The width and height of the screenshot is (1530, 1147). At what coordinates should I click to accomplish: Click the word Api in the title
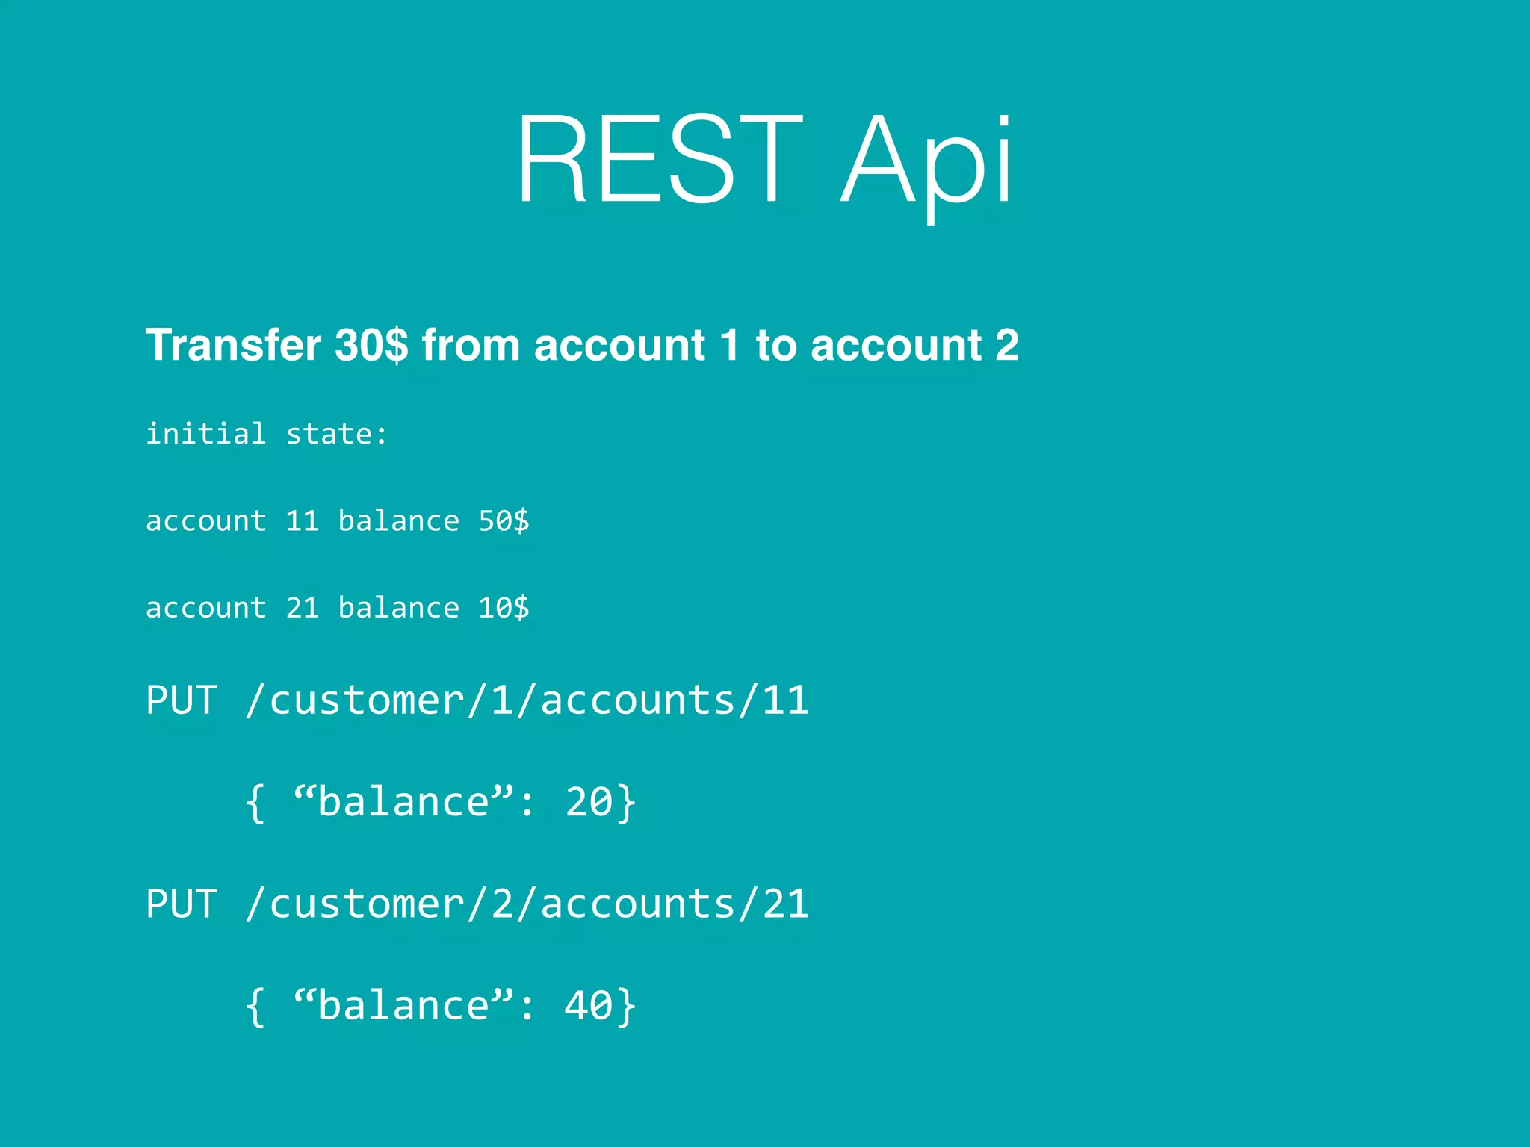point(926,161)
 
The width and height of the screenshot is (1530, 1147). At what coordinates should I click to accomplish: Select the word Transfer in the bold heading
point(233,345)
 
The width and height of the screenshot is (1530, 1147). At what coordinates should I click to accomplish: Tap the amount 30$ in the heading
point(371,345)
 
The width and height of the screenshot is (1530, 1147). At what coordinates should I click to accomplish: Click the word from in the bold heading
point(471,345)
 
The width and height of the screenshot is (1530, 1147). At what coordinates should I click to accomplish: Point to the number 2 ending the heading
point(1006,345)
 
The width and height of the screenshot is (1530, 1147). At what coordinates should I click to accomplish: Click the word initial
point(205,434)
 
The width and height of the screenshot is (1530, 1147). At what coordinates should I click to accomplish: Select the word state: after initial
point(337,434)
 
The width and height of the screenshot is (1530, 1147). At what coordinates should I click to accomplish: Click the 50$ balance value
point(504,521)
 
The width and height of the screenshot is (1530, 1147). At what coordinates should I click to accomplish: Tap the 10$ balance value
point(504,608)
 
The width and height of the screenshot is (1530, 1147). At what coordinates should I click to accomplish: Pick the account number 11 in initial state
point(303,521)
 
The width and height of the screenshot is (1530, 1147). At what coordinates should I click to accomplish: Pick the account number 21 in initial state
point(303,608)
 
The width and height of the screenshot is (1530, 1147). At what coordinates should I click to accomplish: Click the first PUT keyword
point(182,700)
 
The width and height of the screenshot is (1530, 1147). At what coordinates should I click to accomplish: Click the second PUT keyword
point(182,904)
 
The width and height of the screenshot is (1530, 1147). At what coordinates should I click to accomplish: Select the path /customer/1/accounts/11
point(527,700)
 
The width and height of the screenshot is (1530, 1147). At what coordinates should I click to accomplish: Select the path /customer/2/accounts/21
point(527,904)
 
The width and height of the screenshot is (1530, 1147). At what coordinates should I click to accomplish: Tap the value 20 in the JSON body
point(589,803)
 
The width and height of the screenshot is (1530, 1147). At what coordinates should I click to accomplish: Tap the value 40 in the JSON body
point(589,1006)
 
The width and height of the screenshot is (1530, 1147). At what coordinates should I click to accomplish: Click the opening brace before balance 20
point(255,803)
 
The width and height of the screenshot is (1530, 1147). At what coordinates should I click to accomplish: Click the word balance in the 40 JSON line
point(403,1006)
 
